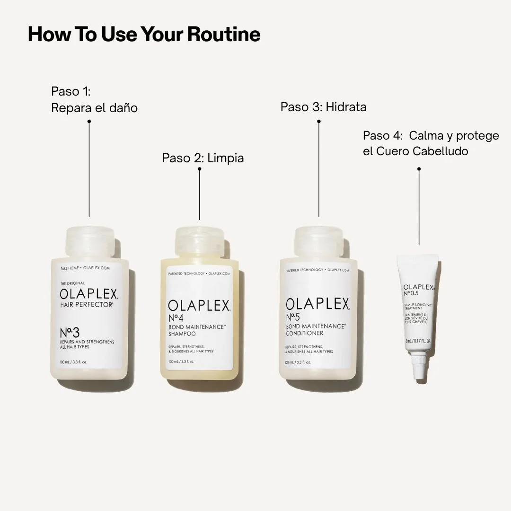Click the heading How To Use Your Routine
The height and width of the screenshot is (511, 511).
click(144, 35)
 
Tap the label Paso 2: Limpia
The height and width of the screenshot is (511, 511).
click(203, 158)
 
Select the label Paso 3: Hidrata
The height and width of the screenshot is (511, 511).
click(323, 107)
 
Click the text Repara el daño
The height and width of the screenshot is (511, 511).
click(94, 108)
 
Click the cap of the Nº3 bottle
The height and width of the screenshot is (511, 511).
click(89, 242)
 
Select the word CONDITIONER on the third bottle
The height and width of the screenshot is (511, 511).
click(305, 333)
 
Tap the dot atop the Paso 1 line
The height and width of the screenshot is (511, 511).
click(89, 121)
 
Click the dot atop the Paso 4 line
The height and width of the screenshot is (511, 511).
click(419, 168)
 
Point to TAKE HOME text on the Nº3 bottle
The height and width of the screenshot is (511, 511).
click(70, 268)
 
